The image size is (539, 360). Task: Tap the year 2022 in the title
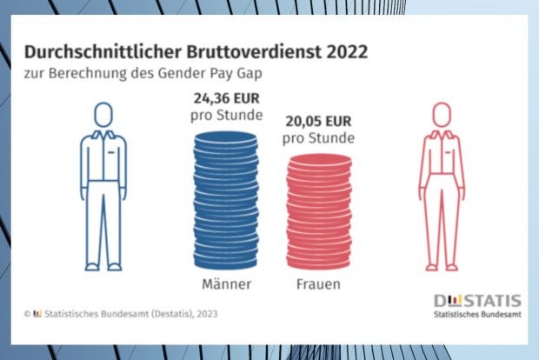point(342,52)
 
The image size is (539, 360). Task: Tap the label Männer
point(224,284)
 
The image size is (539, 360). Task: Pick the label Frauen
point(319,284)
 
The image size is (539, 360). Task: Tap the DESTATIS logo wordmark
point(477,300)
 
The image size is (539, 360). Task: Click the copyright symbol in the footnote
point(26,313)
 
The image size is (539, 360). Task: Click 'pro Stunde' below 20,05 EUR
point(319,139)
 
